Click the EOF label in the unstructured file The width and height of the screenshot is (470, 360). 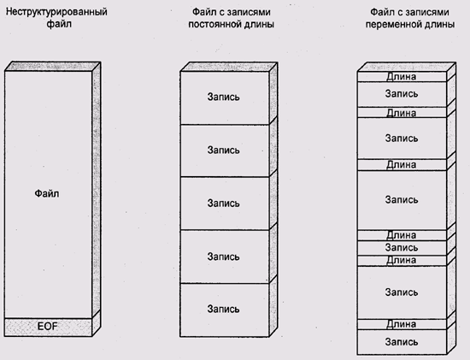tap(48, 326)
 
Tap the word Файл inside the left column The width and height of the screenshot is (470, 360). tap(47, 193)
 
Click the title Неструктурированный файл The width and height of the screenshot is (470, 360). tap(56, 17)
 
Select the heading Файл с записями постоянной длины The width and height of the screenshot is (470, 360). tap(231, 18)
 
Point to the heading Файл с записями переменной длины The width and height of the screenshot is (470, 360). tap(409, 18)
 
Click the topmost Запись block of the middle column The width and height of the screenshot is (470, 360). tap(225, 97)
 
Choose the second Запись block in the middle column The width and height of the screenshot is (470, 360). tap(225, 150)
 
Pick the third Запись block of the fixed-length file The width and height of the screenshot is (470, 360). tap(225, 204)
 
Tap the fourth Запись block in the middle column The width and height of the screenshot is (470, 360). tap(225, 257)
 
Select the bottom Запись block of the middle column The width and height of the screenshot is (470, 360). tap(225, 310)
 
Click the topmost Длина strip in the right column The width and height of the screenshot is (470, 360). tap(402, 77)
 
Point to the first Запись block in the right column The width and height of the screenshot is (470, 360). tap(402, 95)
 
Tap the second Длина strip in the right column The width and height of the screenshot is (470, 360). tap(402, 113)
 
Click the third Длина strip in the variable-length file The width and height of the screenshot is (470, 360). tap(402, 165)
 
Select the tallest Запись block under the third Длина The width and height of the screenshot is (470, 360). tap(402, 200)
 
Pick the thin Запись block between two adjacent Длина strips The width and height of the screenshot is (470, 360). tap(402, 248)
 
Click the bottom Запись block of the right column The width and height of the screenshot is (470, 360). tap(402, 342)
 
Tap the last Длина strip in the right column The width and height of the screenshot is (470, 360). tap(402, 325)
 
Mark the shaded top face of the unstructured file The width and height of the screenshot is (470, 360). tap(53, 67)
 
